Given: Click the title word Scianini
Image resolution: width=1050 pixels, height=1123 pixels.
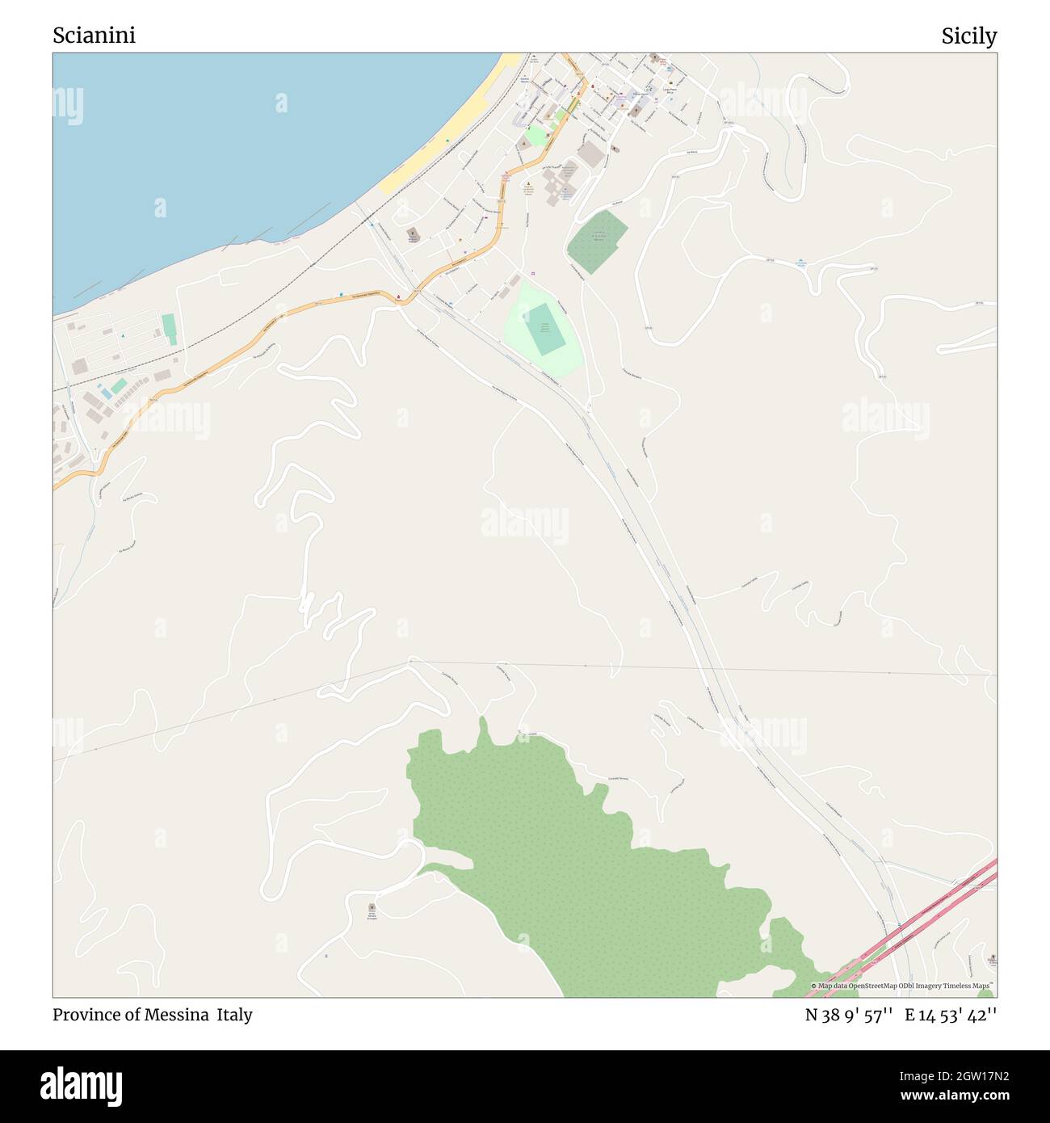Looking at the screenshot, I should point(94,36).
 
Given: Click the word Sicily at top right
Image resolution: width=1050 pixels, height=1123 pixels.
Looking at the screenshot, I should point(968,36).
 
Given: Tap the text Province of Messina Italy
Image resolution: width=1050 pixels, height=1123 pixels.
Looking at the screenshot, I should point(153,1015).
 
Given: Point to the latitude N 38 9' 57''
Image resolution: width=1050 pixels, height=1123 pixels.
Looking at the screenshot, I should point(848,1015).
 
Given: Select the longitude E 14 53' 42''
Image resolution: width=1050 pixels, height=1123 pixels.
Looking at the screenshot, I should point(951,1015).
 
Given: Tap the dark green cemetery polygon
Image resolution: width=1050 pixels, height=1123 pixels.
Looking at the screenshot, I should point(598,240).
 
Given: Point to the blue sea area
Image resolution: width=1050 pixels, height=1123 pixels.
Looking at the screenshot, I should point(242,145).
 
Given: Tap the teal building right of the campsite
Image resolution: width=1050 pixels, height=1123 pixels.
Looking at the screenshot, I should point(169,329).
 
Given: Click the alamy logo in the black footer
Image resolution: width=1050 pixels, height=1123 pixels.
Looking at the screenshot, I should point(82,1085).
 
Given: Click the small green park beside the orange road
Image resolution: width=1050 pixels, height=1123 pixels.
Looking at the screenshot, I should point(535,136).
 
